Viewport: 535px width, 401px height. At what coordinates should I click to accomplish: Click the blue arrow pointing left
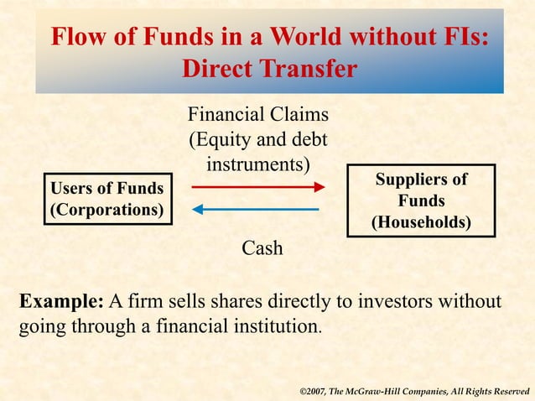coord(255,208)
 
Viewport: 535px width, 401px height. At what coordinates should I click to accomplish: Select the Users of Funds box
coord(107,199)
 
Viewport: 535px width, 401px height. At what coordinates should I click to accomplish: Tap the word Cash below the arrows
coord(262,248)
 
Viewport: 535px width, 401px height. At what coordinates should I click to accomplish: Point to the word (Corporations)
coord(107,209)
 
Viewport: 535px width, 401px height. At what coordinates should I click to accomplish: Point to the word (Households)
coord(421,222)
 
